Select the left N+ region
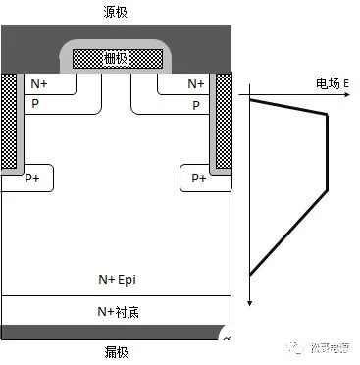(x=40, y=85)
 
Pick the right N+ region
(x=195, y=85)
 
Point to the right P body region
(x=196, y=104)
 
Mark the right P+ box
(x=199, y=178)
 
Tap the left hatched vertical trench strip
(x=10, y=118)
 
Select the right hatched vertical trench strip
(x=223, y=118)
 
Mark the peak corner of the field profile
(x=325, y=113)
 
